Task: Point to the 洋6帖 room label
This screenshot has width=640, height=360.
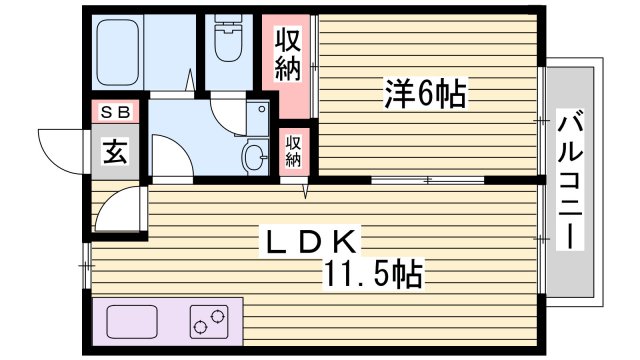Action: (x=424, y=95)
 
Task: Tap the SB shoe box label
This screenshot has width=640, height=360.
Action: (x=112, y=113)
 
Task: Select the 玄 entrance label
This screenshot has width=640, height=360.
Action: (x=114, y=152)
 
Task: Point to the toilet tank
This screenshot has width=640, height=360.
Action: (x=229, y=27)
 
